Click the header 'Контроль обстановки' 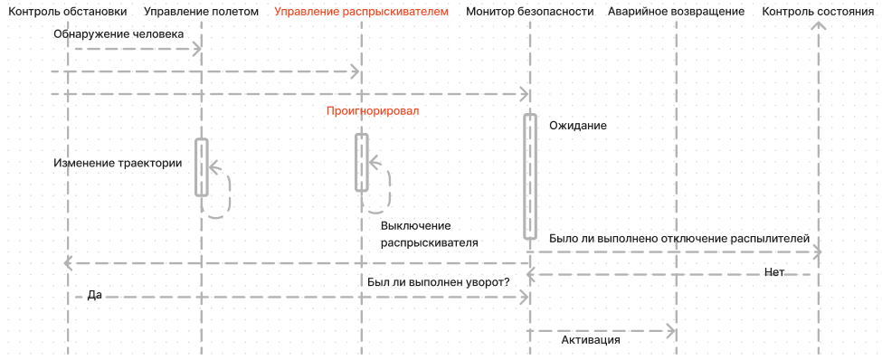point(68,12)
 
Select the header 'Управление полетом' point(201,12)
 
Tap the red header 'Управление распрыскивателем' point(361,12)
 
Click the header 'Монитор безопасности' point(530,12)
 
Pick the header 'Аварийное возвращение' point(677,12)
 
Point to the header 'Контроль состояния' point(818,12)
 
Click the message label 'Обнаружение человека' point(119,33)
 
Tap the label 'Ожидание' point(577,126)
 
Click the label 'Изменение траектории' point(118,164)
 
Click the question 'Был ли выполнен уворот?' point(439,281)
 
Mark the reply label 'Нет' point(773,272)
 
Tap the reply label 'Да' point(94,295)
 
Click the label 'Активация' point(590,340)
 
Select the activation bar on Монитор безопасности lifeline point(530,176)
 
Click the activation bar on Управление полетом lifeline point(202,166)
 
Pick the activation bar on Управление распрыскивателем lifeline point(361,162)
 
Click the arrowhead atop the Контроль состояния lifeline point(819,26)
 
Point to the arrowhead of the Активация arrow point(672,330)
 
